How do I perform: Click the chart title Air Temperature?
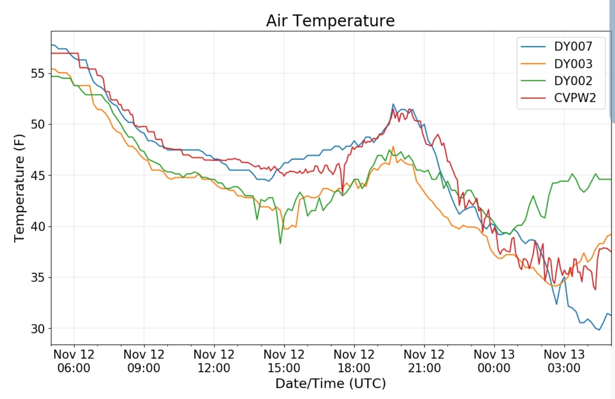[330, 21]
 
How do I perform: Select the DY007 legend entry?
[573, 46]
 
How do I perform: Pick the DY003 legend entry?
[573, 64]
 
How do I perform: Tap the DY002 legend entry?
[573, 81]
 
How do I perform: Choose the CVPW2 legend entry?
[574, 98]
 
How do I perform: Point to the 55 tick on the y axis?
[38, 74]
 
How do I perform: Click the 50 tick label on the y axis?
[38, 124]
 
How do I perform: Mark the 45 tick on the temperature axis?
[38, 176]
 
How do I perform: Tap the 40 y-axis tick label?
[38, 227]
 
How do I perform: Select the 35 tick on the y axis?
[38, 278]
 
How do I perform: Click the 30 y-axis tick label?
[38, 329]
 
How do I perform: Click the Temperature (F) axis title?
[19, 188]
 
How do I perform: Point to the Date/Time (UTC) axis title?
[330, 383]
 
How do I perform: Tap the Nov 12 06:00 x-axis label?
[74, 361]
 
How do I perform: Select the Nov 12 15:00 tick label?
[284, 361]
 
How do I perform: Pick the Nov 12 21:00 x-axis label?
[424, 361]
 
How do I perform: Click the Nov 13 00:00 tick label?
[494, 361]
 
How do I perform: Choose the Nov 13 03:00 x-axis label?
[564, 361]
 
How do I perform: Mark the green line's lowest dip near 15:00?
[280, 243]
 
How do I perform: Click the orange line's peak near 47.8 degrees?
[393, 147]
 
